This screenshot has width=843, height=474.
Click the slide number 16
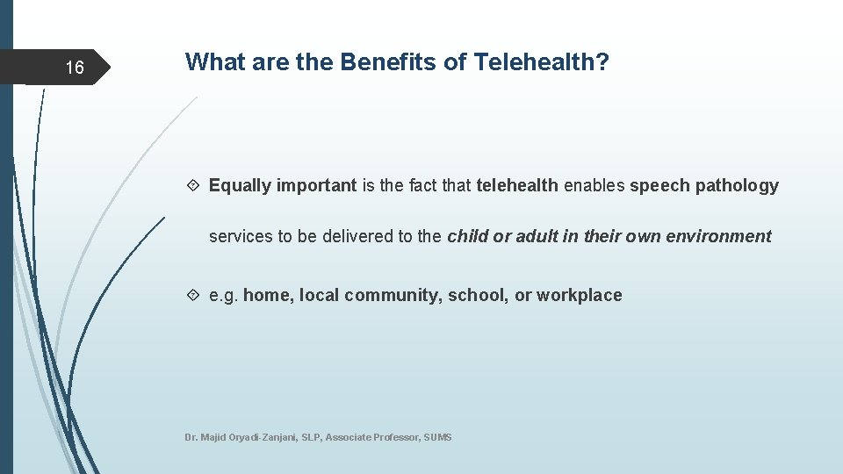[x=75, y=68]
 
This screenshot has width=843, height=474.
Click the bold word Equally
[x=240, y=186]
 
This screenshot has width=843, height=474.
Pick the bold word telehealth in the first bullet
[x=516, y=185]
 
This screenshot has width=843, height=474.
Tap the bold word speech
[x=659, y=186]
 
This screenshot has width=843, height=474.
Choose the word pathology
[x=736, y=186]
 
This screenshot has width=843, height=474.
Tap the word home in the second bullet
[x=267, y=295]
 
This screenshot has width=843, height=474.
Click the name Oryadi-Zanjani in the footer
[x=263, y=437]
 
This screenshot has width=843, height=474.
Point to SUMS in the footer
[x=437, y=437]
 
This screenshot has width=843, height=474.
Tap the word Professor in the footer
[x=394, y=437]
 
